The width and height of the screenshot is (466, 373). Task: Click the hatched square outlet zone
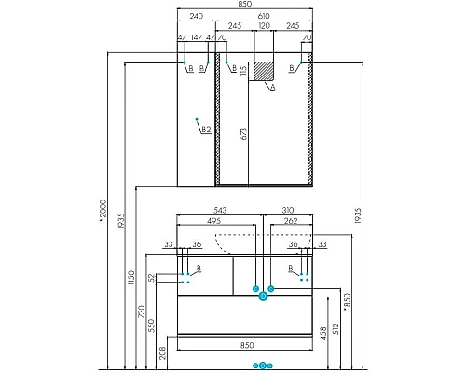(265, 70)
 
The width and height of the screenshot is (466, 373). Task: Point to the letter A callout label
(272, 90)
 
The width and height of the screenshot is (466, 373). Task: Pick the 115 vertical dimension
(242, 70)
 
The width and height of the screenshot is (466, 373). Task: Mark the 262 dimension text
(291, 222)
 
